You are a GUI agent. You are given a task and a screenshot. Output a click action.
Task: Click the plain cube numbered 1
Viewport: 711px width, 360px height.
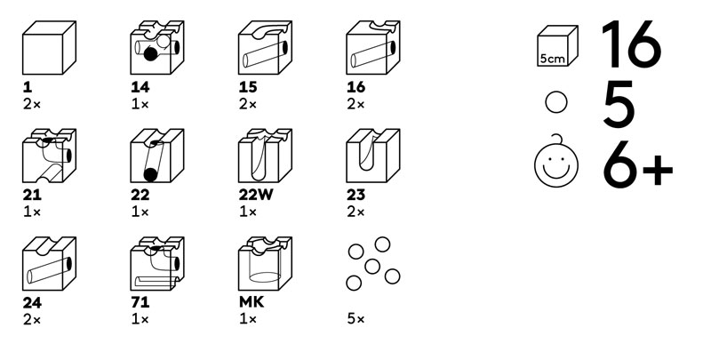[49, 48]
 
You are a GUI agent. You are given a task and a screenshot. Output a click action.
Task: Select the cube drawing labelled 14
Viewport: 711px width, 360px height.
[157, 48]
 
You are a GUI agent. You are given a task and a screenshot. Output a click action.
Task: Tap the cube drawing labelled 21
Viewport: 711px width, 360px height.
[49, 156]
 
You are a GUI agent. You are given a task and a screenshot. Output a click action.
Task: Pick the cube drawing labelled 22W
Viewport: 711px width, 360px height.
[265, 156]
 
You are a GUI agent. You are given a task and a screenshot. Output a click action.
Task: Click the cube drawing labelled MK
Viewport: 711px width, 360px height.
[265, 263]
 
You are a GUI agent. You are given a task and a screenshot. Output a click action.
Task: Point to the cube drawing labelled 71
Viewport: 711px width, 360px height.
[157, 263]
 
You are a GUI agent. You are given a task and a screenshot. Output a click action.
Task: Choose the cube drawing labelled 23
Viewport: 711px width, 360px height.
[372, 156]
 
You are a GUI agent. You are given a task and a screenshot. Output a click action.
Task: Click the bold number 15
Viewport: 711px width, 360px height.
[248, 87]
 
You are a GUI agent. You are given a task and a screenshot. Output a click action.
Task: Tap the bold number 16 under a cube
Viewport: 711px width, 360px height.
[356, 87]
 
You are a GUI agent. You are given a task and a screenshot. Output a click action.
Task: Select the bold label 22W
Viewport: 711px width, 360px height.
[256, 195]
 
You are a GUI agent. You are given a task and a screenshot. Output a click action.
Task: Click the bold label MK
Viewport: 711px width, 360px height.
[252, 302]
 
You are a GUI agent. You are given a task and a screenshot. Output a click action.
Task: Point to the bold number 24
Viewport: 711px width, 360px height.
[32, 302]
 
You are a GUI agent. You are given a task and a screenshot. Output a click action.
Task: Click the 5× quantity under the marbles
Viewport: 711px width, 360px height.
[356, 319]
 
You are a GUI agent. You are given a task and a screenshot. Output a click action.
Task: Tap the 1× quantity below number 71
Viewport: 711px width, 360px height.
[140, 319]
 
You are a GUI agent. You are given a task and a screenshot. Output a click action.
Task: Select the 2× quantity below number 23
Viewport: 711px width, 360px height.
[356, 212]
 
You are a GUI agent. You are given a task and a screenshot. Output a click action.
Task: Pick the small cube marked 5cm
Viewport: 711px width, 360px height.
[557, 46]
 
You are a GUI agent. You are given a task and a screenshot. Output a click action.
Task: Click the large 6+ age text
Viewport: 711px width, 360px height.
[637, 164]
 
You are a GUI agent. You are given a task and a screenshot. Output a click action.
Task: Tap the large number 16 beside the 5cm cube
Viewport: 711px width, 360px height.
[632, 44]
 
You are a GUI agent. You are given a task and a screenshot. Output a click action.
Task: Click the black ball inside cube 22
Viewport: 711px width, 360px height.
[150, 174]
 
